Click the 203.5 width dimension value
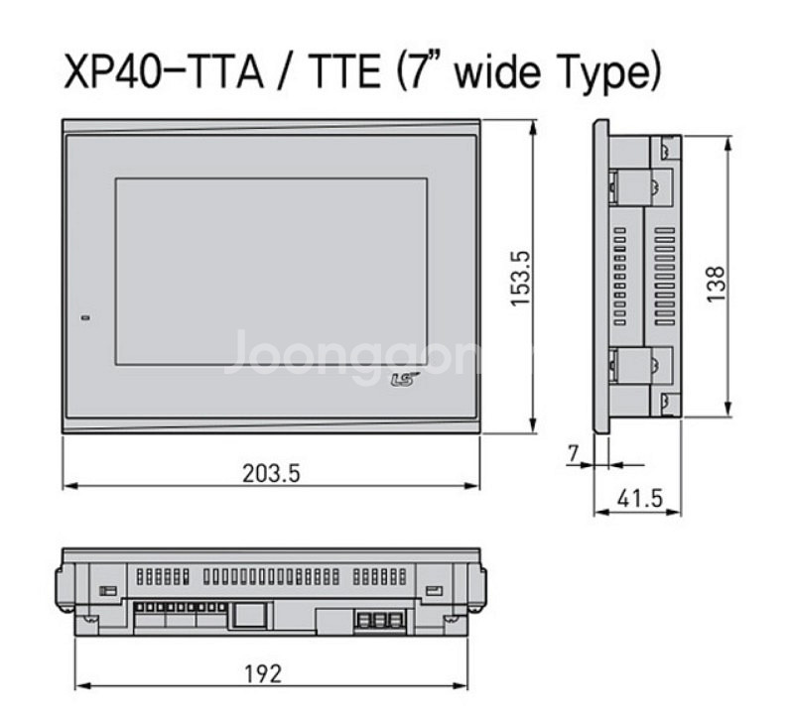[271, 474]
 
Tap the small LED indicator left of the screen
[84, 318]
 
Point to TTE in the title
[338, 71]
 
